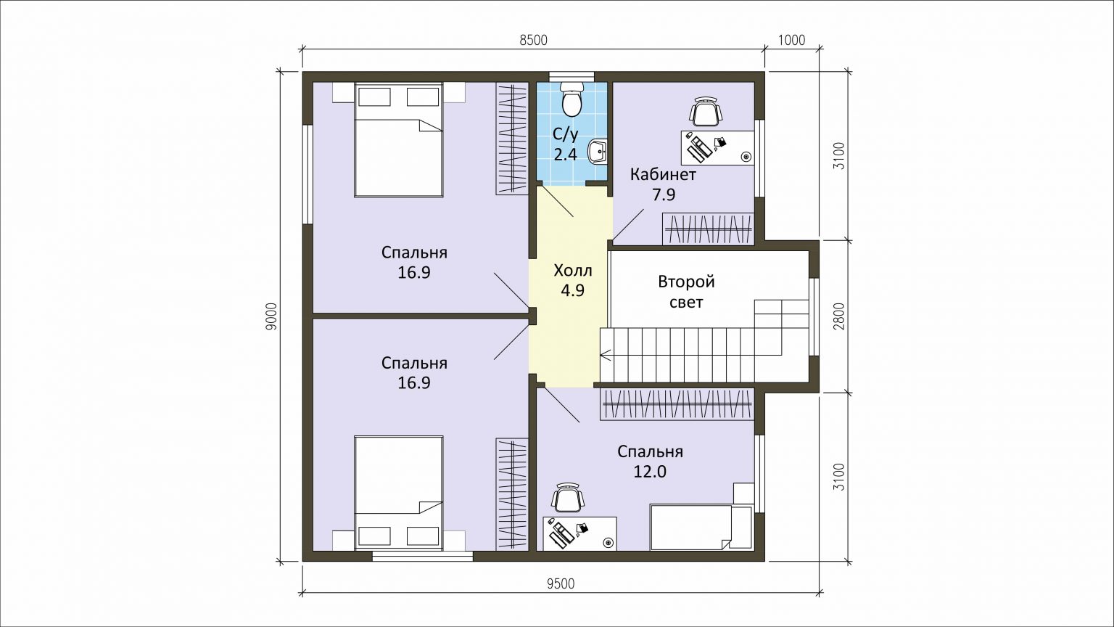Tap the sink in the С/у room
tap(598, 151)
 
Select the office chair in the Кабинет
tap(705, 112)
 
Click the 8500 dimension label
tap(534, 40)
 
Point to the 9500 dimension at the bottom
tap(561, 583)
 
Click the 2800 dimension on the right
tap(839, 316)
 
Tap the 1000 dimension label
tap(791, 40)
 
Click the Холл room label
tap(573, 271)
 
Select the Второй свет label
tap(686, 292)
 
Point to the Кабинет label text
tap(664, 175)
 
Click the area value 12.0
tap(650, 471)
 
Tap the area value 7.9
tap(664, 194)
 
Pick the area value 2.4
tap(566, 155)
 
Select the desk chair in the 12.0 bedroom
tap(567, 498)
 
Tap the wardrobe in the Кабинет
tap(708, 229)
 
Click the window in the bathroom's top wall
tap(572, 76)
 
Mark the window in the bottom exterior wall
tap(423, 556)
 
